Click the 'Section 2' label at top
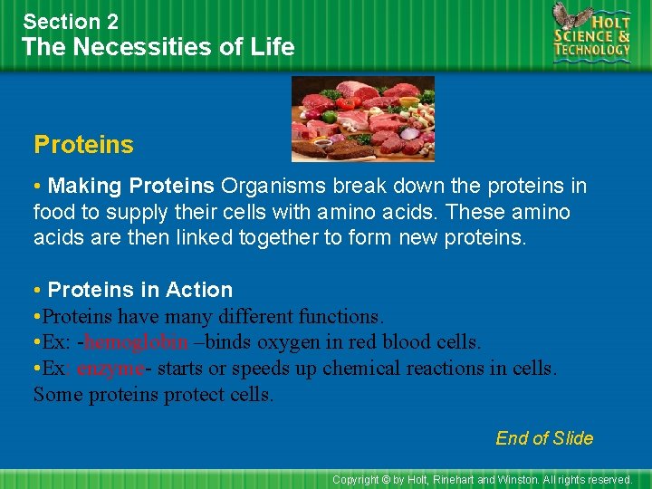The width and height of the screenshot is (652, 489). pos(71,21)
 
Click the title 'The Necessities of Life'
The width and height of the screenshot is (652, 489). pos(158,47)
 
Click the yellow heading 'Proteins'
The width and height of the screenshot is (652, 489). pos(83,145)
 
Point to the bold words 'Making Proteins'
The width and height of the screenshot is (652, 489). pos(131,187)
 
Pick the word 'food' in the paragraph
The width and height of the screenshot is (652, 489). pos(53,212)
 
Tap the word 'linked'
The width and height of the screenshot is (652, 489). pos(225,237)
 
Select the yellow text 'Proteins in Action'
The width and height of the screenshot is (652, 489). pos(140,290)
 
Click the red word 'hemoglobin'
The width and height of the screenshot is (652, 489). pos(136,342)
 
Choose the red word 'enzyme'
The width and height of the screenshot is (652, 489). pos(110,369)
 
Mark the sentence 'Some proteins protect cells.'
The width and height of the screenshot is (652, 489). pos(153,395)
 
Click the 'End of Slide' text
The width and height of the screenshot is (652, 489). pos(544,438)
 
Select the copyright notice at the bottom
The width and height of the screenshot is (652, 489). pos(482,479)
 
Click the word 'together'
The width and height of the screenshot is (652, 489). pos(297,237)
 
